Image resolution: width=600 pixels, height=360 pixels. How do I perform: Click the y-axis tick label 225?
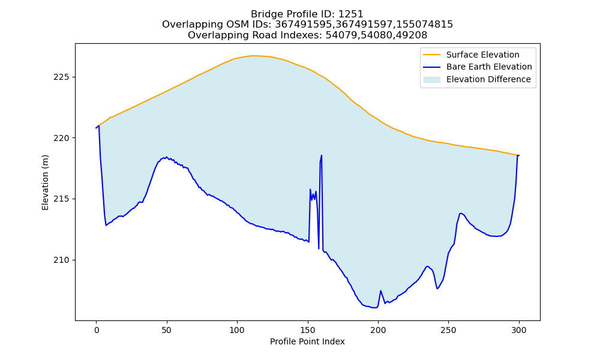point(61,77)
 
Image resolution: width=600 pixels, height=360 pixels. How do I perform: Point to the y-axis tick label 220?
point(61,138)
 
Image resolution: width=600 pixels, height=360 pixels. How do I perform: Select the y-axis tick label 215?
point(61,199)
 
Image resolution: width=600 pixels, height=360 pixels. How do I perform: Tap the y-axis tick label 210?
point(61,260)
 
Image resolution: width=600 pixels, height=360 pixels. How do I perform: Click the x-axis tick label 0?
point(97,330)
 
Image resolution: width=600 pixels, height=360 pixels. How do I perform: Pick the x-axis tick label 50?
point(166,330)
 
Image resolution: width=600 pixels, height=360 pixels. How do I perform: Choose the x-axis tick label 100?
point(237,330)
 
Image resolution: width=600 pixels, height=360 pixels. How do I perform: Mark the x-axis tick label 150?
point(308,330)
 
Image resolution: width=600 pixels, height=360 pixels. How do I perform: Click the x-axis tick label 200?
point(378,330)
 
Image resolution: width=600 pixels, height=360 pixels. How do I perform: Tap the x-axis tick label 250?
point(448,330)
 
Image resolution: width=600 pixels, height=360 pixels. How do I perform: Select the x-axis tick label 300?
point(519,330)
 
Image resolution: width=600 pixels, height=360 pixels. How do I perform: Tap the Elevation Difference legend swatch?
point(431,80)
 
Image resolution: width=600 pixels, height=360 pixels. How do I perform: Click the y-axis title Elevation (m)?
point(45,182)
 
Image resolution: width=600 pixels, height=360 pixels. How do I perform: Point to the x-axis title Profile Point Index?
point(307,341)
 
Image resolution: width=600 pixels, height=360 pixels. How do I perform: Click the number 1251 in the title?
point(350,14)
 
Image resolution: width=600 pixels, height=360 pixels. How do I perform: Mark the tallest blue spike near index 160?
point(321,156)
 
